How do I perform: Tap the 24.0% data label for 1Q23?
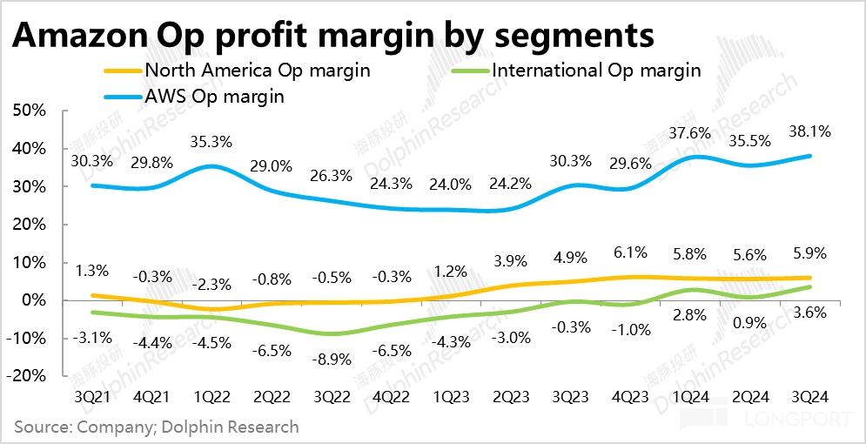click(451, 185)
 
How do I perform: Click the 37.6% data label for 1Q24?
click(690, 133)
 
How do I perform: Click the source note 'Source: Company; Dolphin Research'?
click(157, 427)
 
